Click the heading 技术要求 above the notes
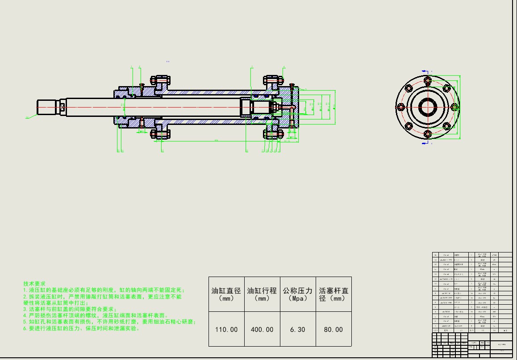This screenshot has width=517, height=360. coord(34,283)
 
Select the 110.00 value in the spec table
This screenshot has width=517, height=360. coord(226,329)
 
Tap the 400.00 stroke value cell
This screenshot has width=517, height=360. coord(262,329)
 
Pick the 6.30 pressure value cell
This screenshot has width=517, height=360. coord(298,329)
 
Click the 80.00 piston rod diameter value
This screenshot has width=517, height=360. coord(334,329)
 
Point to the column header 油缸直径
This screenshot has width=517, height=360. coord(226,290)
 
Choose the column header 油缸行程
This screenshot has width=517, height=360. coord(262,290)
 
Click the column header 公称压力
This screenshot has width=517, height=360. coord(298,290)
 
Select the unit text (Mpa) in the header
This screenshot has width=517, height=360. coord(298,298)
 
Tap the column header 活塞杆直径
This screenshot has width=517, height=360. coord(334,294)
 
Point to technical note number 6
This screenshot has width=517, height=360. coord(82,328)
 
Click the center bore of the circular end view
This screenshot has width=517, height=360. coord(428,107)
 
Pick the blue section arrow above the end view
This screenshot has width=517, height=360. coord(425,71)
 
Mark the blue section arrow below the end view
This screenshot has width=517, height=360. coord(425,144)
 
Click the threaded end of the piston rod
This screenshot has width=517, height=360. coord(46,107)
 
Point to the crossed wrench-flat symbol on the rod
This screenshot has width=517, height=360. coord(62,107)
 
